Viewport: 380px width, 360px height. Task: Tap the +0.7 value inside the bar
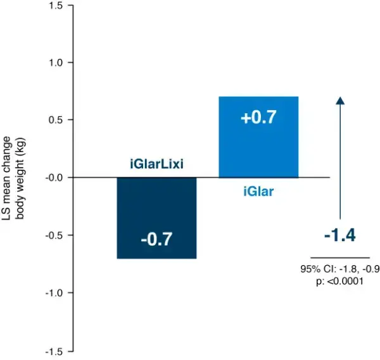(x=258, y=118)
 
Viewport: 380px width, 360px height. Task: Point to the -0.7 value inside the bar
(x=156, y=239)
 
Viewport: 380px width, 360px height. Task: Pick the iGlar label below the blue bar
(x=258, y=190)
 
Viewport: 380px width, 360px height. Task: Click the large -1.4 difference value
(x=339, y=235)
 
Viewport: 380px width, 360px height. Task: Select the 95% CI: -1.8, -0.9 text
(x=340, y=269)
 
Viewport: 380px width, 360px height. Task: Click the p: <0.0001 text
(x=339, y=281)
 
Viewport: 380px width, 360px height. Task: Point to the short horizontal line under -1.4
(x=339, y=258)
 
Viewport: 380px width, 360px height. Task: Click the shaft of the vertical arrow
(x=340, y=164)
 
